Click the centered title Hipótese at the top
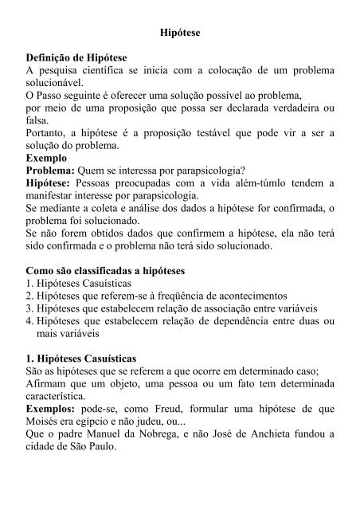coord(179,35)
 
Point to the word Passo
coord(56,109)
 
